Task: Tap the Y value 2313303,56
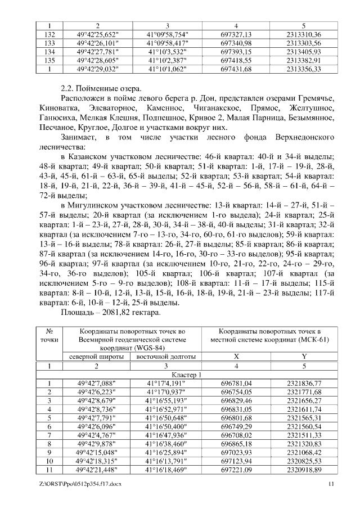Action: [x=303, y=43]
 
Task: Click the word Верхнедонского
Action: [x=306, y=137]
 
